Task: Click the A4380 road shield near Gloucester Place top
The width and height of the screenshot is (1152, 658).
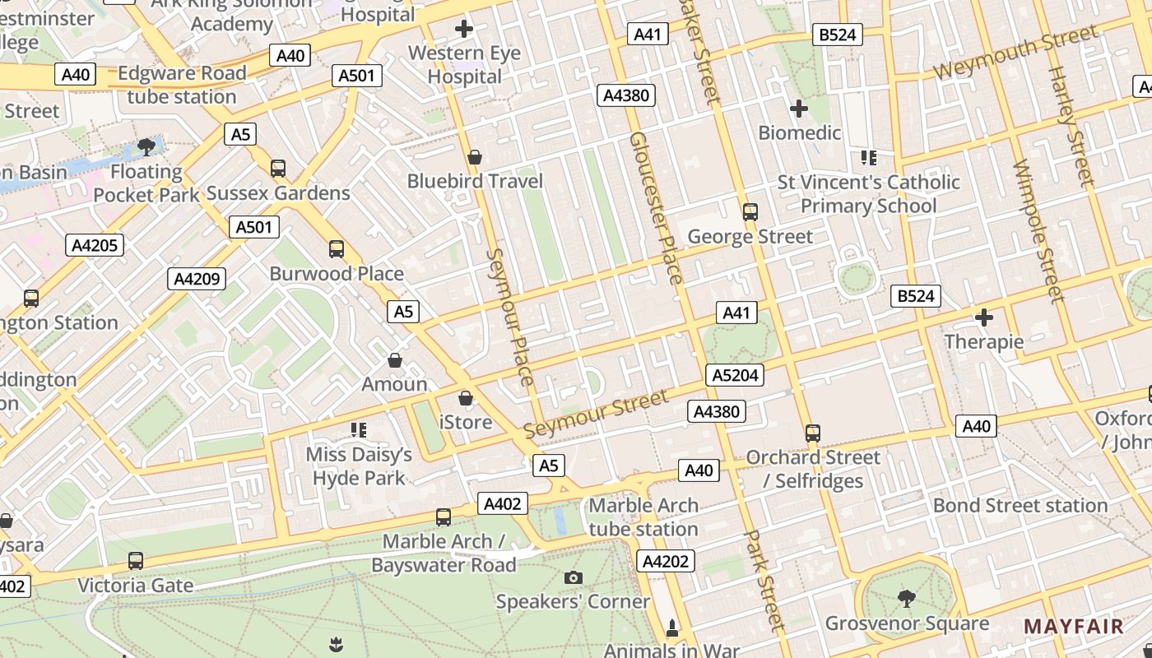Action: pyautogui.click(x=626, y=95)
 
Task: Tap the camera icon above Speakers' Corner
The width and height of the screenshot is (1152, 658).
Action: pyautogui.click(x=574, y=577)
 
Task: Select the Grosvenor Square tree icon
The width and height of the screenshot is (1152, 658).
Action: pyautogui.click(x=906, y=598)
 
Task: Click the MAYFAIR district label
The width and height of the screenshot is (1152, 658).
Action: pyautogui.click(x=1073, y=626)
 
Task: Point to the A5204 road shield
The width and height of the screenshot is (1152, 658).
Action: pyautogui.click(x=735, y=376)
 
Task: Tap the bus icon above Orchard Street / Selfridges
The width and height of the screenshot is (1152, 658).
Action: pyautogui.click(x=813, y=433)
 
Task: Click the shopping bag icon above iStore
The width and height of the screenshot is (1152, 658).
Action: pyautogui.click(x=466, y=398)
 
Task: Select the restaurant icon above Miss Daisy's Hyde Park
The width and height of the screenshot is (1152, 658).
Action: pyautogui.click(x=358, y=430)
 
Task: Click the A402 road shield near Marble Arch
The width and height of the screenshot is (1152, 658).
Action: pyautogui.click(x=502, y=503)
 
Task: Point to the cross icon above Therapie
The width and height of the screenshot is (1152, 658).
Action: pyautogui.click(x=983, y=317)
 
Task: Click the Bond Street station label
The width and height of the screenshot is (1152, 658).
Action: pyautogui.click(x=1020, y=505)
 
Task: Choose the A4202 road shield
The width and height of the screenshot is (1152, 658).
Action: pyautogui.click(x=665, y=561)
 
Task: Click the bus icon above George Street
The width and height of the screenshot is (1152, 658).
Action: pyautogui.click(x=750, y=212)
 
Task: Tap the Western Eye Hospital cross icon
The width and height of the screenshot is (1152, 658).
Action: pyautogui.click(x=464, y=30)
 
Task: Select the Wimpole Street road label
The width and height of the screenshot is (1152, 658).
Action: pyautogui.click(x=1039, y=232)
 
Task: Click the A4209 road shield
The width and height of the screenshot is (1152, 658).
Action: pyautogui.click(x=197, y=279)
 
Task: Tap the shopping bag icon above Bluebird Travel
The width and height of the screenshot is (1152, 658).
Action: pyautogui.click(x=474, y=157)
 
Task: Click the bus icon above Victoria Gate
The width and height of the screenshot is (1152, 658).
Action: pyautogui.click(x=136, y=561)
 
